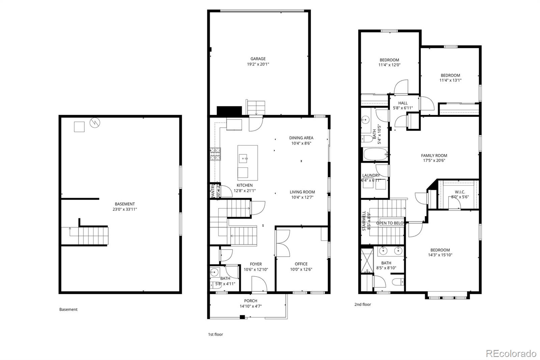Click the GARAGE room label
(258, 59)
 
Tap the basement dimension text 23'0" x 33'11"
(125, 209)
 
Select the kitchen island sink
(243, 158)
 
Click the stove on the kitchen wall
(215, 154)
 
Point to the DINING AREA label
(301, 138)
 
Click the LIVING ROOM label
(302, 192)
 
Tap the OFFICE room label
(301, 264)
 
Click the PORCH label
(250, 301)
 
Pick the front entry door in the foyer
(259, 284)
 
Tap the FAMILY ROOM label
(434, 156)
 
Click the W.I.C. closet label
(460, 192)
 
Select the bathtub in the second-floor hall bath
(375, 155)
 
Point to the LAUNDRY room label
(371, 176)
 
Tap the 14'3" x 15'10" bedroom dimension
(440, 255)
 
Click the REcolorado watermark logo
(511, 353)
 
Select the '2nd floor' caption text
(362, 304)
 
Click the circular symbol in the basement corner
(95, 123)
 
